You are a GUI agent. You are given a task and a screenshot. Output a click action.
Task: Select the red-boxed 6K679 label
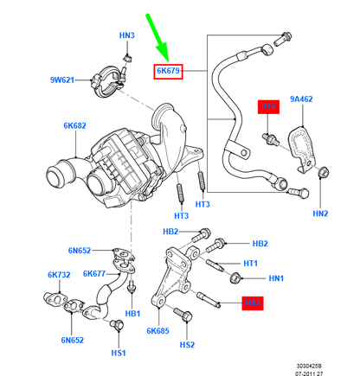coord(167,71)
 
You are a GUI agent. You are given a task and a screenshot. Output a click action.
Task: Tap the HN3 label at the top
coord(126,35)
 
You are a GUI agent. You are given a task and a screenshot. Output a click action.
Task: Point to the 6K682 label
coord(74,125)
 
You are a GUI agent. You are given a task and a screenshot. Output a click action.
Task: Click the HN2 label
coord(321,213)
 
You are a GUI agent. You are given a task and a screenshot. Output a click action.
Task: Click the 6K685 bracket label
coord(157,331)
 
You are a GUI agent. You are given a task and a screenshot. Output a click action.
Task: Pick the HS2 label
coord(187,345)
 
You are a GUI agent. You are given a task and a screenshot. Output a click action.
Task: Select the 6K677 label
coord(96,274)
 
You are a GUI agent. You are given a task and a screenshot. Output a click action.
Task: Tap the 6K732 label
coord(58,274)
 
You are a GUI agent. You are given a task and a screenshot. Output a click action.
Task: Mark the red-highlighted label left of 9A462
coord(269,106)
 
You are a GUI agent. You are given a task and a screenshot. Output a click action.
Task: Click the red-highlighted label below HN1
coord(252,303)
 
